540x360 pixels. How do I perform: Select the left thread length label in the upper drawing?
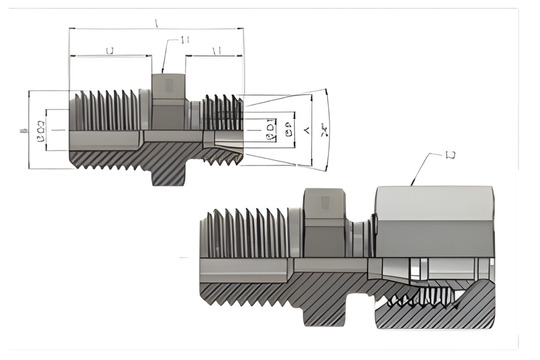coord(109,50)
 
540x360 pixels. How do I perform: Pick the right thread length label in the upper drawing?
coord(217,50)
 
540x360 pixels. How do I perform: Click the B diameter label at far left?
coord(22,130)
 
